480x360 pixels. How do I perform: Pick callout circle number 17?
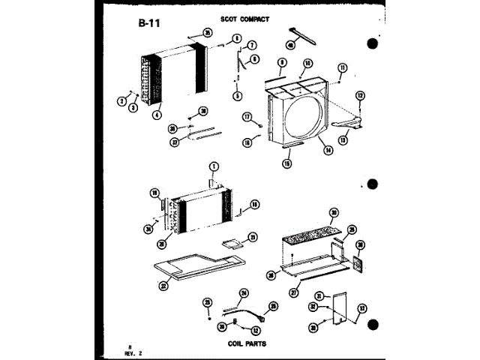pyautogui.click(x=247, y=117)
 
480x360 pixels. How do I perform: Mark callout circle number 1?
pyautogui.click(x=213, y=166)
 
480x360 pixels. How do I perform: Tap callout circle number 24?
pyautogui.click(x=243, y=292)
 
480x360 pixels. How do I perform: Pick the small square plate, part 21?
pyautogui.click(x=233, y=242)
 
